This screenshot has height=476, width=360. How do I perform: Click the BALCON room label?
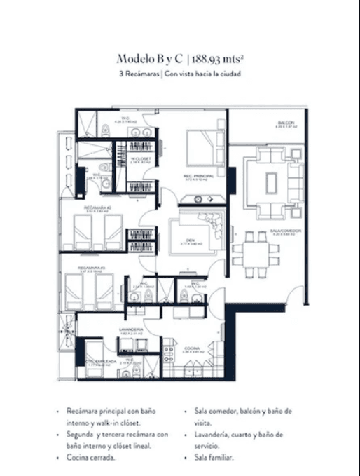click(284, 123)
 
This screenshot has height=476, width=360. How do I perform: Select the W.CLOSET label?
click(141, 158)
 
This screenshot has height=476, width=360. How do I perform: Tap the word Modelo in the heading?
click(133, 59)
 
